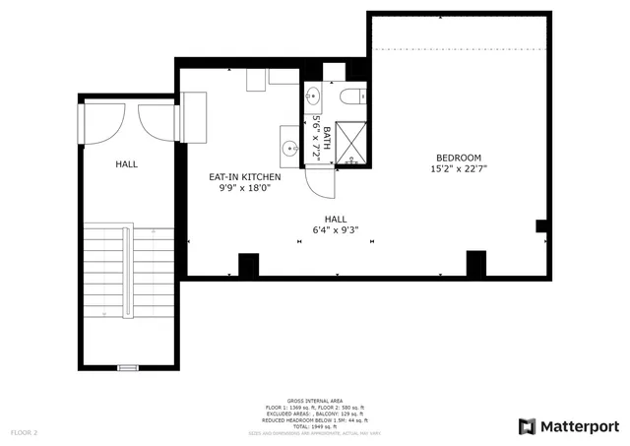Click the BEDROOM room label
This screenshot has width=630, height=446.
click(x=459, y=158)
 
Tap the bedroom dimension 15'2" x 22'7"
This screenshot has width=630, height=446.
click(x=459, y=169)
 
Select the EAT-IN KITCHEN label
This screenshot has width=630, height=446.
click(x=244, y=177)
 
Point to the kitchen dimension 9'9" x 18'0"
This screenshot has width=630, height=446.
click(x=244, y=189)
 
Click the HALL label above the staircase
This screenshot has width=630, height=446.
click(x=126, y=164)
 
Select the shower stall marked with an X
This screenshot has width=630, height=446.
click(x=350, y=141)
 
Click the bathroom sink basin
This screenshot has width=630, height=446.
click(x=314, y=96)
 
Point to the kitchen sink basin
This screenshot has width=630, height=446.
click(x=289, y=149)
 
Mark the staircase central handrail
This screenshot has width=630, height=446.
click(x=126, y=270)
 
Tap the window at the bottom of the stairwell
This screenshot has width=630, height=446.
click(x=128, y=367)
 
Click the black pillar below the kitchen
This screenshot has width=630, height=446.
click(x=248, y=265)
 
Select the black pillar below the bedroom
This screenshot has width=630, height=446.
click(x=475, y=263)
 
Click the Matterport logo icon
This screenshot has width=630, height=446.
click(x=528, y=426)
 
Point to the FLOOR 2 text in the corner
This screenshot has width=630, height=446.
click(x=24, y=432)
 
